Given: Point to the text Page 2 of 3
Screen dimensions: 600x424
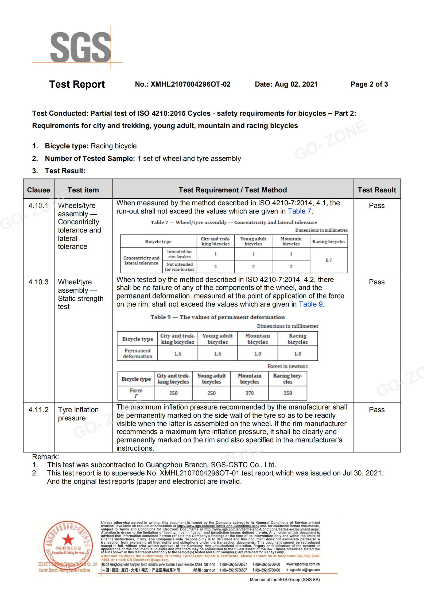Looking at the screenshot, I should click(x=369, y=84).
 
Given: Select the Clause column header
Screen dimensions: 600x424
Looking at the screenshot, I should click(x=38, y=190).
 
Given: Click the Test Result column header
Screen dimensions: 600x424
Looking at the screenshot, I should click(x=377, y=190).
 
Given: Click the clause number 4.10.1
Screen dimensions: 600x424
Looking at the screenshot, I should click(x=38, y=206).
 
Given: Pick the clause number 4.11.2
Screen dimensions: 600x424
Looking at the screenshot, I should click(x=38, y=410).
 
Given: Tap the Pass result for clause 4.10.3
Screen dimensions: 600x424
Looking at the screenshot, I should click(x=377, y=282).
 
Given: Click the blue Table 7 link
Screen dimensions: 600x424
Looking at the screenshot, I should click(x=299, y=211).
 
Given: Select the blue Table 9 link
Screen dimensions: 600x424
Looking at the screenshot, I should click(x=310, y=304).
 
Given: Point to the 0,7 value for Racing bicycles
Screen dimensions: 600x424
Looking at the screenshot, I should click(x=329, y=260).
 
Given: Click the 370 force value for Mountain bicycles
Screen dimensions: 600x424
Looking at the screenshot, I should click(x=250, y=393).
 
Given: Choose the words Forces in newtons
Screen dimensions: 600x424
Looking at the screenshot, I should click(x=287, y=366).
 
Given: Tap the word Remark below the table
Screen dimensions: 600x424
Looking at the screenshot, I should click(x=45, y=457).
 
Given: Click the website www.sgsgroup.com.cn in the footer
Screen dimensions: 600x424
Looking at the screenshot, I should click(x=303, y=564).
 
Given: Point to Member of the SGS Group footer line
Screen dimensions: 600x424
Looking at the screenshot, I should click(x=285, y=579).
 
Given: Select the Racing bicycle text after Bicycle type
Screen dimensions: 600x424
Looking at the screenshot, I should click(x=114, y=146).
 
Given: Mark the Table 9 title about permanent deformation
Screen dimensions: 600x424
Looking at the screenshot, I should click(x=217, y=317).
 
